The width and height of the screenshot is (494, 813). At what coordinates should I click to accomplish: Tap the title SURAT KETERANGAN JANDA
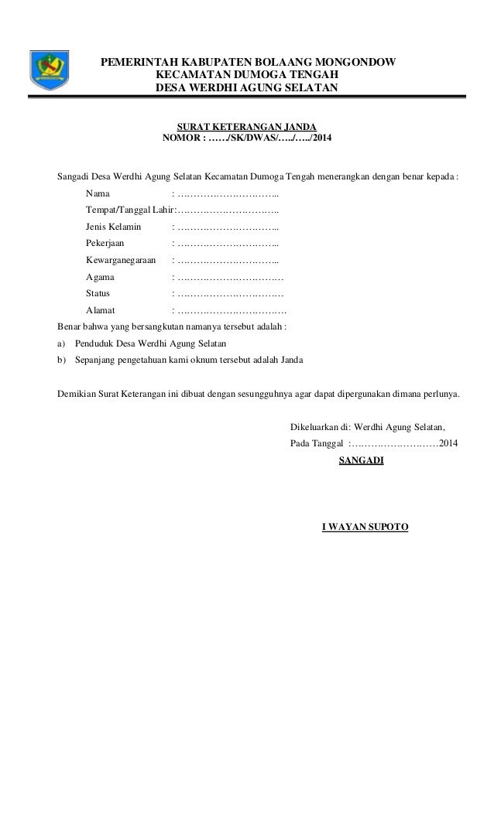246,126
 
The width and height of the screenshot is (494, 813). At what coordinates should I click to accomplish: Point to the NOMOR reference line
245,139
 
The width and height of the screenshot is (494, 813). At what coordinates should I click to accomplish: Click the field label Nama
98,193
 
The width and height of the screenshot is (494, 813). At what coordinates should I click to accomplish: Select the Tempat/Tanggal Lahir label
128,210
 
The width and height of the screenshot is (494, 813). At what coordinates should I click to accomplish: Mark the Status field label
98,294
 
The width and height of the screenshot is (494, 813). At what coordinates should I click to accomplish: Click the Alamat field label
101,311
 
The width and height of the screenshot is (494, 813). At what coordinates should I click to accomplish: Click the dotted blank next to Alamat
230,311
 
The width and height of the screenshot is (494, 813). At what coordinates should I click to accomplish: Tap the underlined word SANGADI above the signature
361,461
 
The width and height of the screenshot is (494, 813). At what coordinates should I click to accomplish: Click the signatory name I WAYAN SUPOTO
365,528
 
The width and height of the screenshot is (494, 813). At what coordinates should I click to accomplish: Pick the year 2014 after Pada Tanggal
448,444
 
